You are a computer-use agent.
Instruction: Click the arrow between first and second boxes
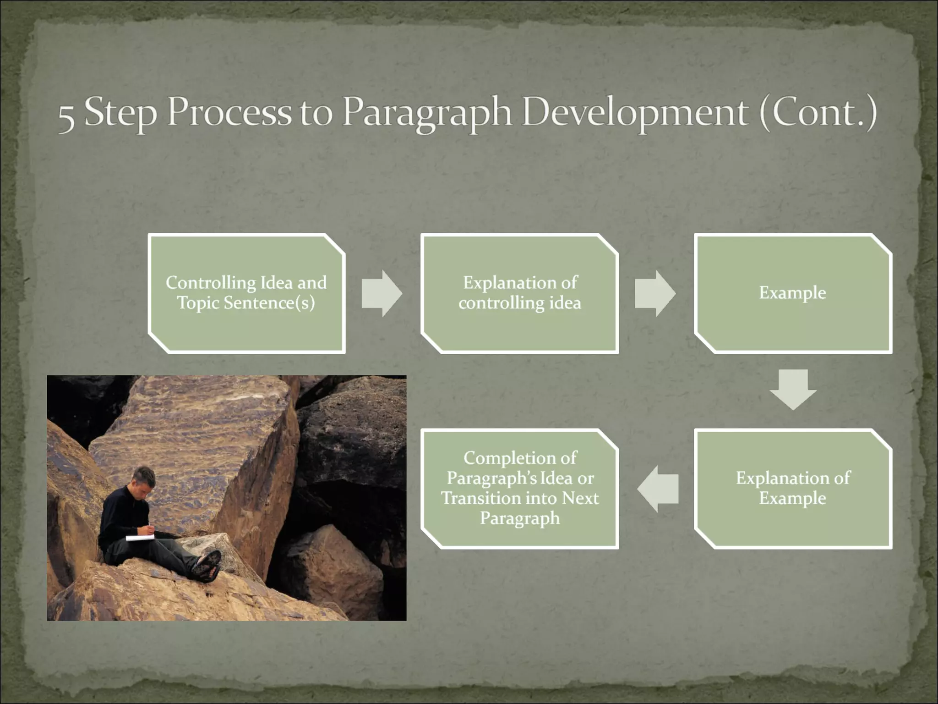(x=382, y=293)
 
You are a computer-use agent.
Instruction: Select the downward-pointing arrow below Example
(x=793, y=390)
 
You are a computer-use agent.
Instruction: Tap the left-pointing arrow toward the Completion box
(x=658, y=489)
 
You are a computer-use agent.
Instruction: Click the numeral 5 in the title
(x=66, y=117)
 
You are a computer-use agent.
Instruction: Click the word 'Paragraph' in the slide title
(x=426, y=113)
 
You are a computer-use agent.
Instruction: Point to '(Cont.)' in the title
(x=818, y=112)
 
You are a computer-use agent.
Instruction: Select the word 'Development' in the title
(x=635, y=113)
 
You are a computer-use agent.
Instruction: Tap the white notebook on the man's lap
(x=140, y=537)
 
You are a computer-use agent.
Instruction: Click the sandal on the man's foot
(x=207, y=565)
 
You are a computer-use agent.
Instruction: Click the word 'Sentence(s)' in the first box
(x=269, y=303)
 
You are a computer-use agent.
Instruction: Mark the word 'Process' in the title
(x=229, y=112)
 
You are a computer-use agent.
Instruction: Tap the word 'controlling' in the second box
(x=501, y=303)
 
